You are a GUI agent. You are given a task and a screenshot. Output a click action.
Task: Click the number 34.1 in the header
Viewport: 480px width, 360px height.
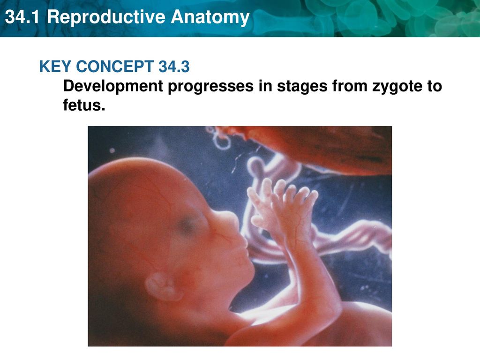coord(22,17)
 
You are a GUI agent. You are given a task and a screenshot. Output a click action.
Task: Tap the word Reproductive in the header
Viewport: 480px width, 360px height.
coord(105,18)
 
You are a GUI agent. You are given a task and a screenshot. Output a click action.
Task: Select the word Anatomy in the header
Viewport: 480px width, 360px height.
coord(210,18)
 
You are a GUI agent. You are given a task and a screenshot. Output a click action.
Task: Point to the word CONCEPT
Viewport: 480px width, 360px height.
coord(115,67)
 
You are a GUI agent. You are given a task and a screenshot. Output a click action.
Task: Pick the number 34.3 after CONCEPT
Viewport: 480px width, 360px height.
coord(174,67)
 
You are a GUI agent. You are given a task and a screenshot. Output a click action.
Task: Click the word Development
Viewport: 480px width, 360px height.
coord(113,87)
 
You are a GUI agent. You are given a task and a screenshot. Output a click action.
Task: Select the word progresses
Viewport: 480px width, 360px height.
coord(210,87)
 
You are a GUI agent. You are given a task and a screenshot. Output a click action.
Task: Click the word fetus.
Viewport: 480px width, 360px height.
coord(84,105)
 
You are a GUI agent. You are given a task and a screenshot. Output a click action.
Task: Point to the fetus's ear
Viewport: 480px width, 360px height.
coord(163,286)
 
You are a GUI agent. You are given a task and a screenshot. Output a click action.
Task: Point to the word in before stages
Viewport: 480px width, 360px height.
coord(265,86)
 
